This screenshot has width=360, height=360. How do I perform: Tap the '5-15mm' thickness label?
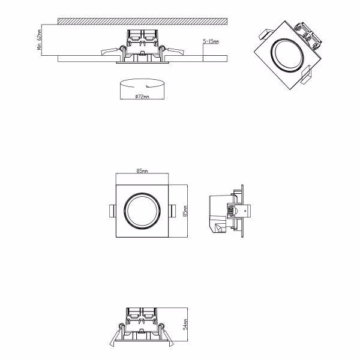tap(211, 41)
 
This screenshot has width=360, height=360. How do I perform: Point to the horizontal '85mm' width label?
tap(142, 171)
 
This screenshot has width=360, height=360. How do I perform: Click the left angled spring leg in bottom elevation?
tap(115, 338)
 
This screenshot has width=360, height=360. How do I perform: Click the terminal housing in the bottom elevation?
tap(142, 316)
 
